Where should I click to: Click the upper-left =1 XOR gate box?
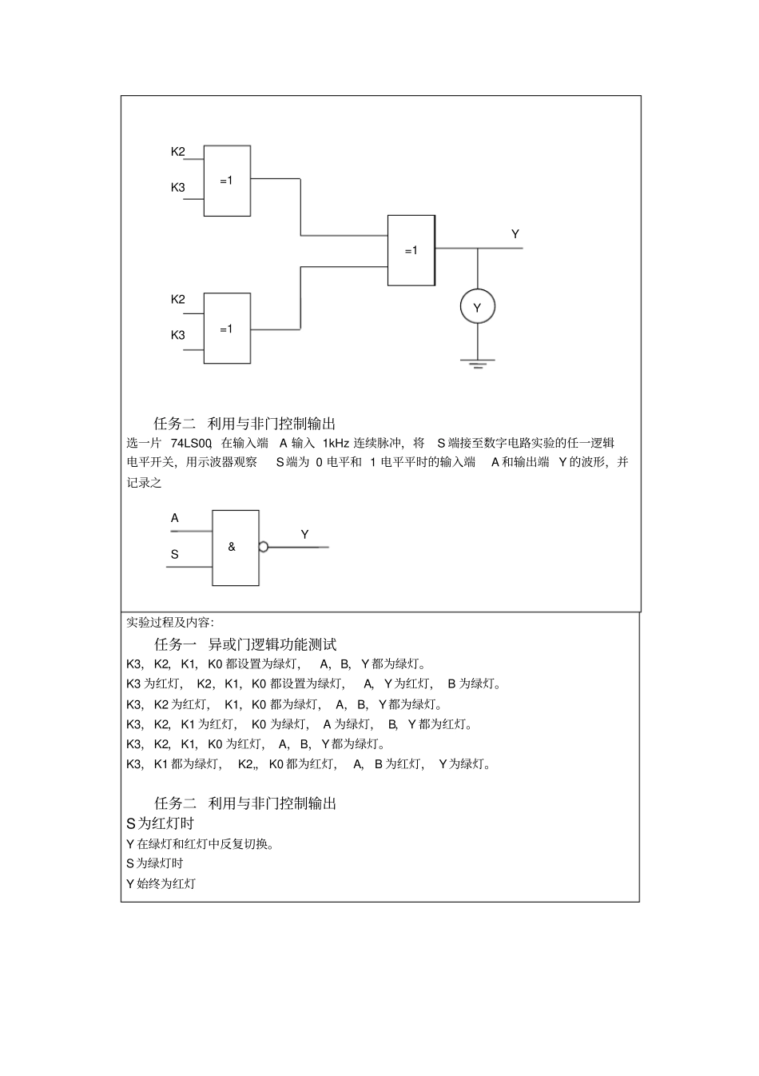pos(227,181)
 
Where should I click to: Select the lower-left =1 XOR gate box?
pos(227,329)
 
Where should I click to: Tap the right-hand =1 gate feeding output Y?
pos(411,250)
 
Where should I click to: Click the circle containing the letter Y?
pos(478,307)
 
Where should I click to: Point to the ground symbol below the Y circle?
pos(478,365)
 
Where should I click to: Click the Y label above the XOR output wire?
pos(515,234)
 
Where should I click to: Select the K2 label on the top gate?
pos(177,151)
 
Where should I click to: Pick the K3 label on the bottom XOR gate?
pos(177,335)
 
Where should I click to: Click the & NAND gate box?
pos(235,548)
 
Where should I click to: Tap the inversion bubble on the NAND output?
pos(263,548)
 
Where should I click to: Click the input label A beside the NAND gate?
pos(175,518)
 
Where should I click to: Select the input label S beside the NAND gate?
pos(175,554)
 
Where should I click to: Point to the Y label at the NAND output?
pos(304,534)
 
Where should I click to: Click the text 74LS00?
pos(191,443)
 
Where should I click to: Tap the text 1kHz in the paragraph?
pos(336,443)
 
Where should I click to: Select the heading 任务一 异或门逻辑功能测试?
pos(245,644)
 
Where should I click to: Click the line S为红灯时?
pos(160,823)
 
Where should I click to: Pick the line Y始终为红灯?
pos(161,883)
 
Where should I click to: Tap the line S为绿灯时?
pos(154,863)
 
